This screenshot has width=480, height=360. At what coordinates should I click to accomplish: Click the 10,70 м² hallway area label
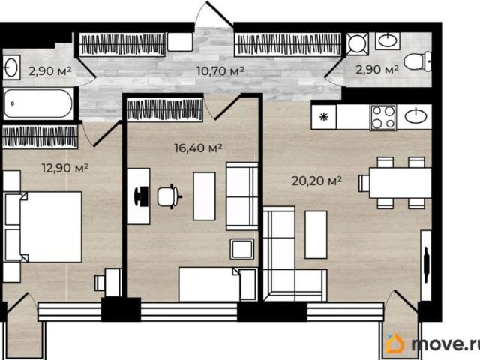[x=220, y=70]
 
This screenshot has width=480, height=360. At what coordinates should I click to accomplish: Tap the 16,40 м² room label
[x=198, y=148]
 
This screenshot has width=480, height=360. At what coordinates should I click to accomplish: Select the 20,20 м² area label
[x=316, y=181]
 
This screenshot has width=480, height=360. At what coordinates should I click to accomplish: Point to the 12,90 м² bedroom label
[x=65, y=168]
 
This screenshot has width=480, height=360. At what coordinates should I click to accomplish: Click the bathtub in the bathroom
[x=38, y=103]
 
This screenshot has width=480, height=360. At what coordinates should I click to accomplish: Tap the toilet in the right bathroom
[x=418, y=61]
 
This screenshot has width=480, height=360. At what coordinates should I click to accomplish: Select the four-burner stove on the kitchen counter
[x=383, y=118]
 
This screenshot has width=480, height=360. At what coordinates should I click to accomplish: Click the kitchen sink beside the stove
[x=415, y=116]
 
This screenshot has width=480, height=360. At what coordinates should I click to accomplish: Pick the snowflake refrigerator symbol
[x=323, y=117]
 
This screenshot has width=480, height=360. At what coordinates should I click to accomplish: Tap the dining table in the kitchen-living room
[x=400, y=183]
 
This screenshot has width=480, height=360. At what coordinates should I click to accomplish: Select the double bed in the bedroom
[x=43, y=226]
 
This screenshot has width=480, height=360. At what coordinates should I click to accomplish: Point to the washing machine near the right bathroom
[x=358, y=43]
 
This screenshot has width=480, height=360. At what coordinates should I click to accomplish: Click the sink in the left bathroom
[x=11, y=67]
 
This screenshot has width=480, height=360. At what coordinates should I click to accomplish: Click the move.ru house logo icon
[x=395, y=343]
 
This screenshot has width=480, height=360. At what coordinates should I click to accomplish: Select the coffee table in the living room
[x=316, y=235]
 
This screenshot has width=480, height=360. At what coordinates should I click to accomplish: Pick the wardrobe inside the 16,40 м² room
[x=165, y=109]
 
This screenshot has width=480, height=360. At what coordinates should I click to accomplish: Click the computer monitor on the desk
[x=138, y=196]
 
